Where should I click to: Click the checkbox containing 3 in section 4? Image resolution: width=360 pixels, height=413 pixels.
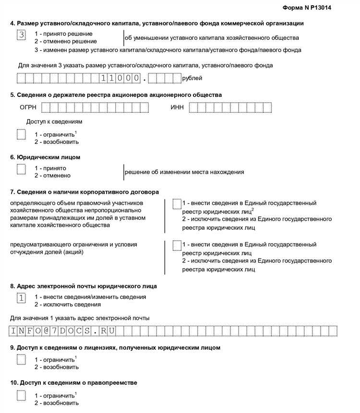coord(21,35)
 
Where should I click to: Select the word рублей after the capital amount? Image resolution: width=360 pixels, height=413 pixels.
coord(192,78)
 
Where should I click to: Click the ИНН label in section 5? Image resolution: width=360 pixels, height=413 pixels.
coord(177,107)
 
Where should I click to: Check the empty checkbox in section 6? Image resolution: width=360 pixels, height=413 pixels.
coord(21,169)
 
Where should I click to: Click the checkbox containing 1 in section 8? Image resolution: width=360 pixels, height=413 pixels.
coord(21,298)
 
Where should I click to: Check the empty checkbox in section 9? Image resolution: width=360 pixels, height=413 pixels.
coord(21,359)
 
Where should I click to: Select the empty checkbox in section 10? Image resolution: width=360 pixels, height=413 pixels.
coord(21,395)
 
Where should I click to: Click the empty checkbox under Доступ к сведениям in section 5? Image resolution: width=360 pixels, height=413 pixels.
coord(21,135)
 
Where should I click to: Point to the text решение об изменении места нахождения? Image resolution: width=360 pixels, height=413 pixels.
coord(184,172)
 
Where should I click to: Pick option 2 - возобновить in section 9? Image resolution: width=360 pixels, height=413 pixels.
coord(56,367)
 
